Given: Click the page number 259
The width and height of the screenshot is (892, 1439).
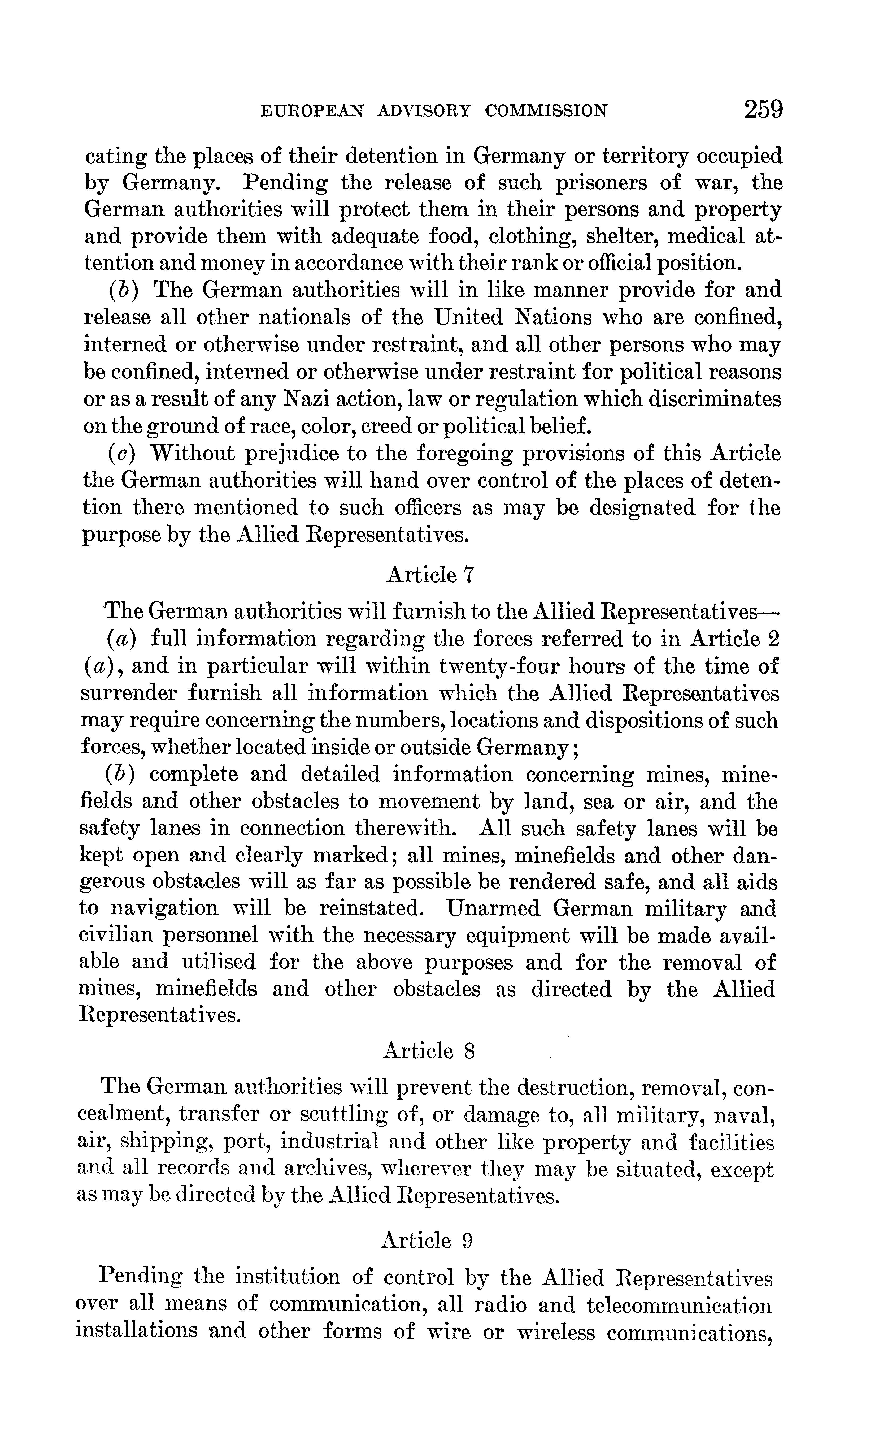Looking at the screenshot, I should (763, 110).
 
